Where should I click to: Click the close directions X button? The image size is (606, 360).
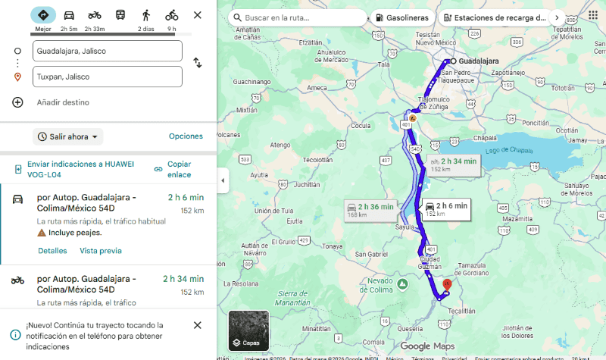coord(198,15)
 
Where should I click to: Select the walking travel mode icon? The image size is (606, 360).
coord(145,15)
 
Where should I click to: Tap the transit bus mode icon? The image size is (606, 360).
coord(120,15)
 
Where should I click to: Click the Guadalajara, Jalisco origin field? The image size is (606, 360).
coord(107,51)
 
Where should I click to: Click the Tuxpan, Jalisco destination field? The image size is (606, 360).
coord(107,77)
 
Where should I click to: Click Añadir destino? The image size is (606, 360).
coord(63,102)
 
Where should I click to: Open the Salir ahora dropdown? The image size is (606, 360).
coord(69,136)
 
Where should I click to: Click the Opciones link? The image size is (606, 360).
coord(186,136)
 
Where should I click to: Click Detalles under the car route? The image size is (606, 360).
coord(52,251)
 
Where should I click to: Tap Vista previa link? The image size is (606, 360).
coord(101,251)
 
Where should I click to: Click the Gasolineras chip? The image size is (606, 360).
coord(401,17)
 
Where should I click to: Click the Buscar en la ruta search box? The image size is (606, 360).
coord(299,17)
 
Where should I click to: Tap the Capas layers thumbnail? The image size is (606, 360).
coord(248,330)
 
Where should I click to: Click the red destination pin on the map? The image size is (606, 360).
coord(446,284)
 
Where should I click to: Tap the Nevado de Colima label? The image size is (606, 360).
coord(376,286)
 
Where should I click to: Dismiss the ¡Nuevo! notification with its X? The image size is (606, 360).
coord(198,325)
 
